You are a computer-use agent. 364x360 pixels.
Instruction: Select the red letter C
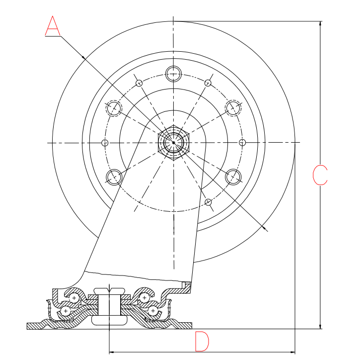point(320,175)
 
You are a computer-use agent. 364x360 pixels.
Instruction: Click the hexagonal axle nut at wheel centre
point(173,143)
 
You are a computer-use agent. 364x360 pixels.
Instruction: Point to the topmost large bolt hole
point(173,73)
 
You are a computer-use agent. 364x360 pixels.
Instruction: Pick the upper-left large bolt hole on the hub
point(114,108)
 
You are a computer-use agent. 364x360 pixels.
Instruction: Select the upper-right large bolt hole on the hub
point(233,108)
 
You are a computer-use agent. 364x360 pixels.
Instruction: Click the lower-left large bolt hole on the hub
point(114,177)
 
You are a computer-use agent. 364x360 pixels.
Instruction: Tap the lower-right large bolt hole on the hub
point(233,177)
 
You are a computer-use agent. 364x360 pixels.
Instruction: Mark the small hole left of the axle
point(104,143)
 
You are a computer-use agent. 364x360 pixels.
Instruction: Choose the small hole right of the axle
point(242,143)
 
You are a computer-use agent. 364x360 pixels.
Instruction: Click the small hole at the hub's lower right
point(208,202)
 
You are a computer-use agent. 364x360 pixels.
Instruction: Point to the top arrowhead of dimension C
point(320,23)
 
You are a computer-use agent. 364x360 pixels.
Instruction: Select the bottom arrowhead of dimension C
point(320,326)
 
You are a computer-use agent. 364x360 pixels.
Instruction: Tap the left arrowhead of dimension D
point(111,352)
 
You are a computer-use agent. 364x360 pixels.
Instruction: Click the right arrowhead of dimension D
point(293,352)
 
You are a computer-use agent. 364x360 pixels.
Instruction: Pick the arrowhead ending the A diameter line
point(266,229)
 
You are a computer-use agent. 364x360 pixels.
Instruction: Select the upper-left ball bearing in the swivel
point(74,298)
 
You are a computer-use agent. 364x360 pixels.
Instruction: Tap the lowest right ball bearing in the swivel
point(153,311)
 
